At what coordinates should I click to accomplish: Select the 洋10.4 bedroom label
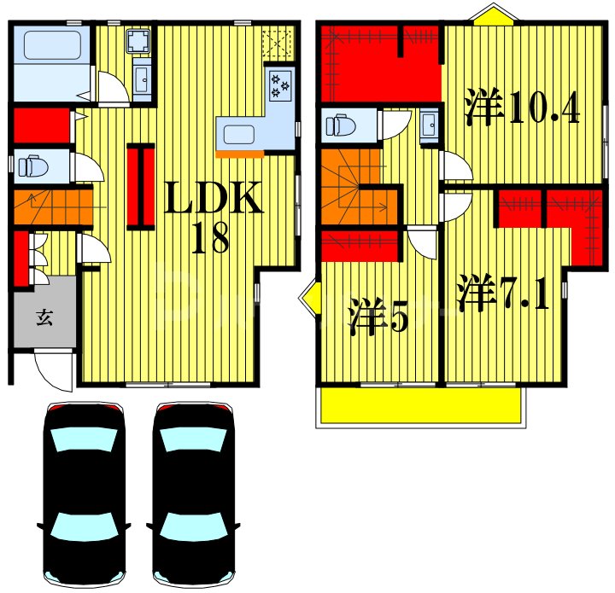click(522, 110)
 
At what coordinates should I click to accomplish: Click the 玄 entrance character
click(44, 319)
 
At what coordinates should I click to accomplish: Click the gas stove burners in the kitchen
click(280, 84)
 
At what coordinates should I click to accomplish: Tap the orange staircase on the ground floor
click(51, 206)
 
